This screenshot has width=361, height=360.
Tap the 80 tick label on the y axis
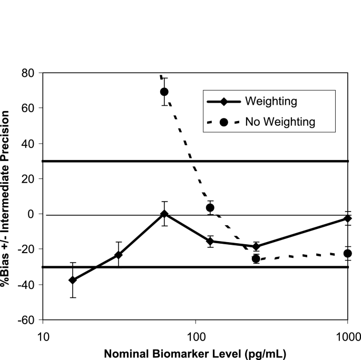pyautogui.click(x=28, y=73)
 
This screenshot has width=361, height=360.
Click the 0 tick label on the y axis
pyautogui.click(x=32, y=214)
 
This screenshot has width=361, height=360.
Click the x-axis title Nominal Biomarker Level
pyautogui.click(x=195, y=352)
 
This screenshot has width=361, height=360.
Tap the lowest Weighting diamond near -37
pyautogui.click(x=73, y=280)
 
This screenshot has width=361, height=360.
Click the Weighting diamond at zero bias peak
pyautogui.click(x=164, y=214)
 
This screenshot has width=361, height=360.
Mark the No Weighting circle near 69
pyautogui.click(x=164, y=92)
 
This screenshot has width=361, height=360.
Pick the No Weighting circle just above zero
pyautogui.click(x=210, y=207)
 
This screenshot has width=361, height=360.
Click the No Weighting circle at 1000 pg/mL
pyautogui.click(x=347, y=253)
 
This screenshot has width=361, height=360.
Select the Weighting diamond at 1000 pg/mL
pyautogui.click(x=347, y=218)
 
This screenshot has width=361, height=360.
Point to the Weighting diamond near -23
pyautogui.click(x=119, y=255)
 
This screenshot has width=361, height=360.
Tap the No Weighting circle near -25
pyautogui.click(x=256, y=258)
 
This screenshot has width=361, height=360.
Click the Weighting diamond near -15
pyautogui.click(x=210, y=241)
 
